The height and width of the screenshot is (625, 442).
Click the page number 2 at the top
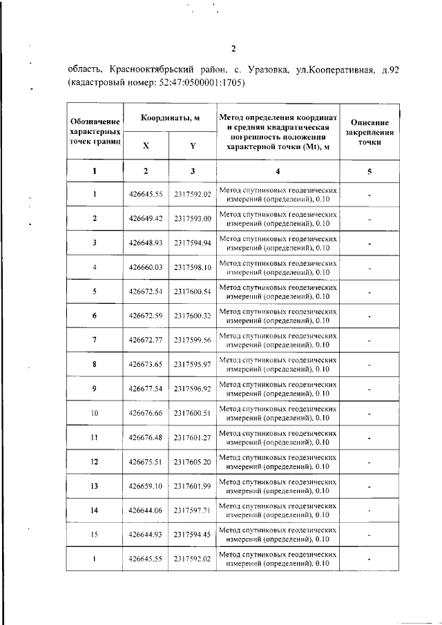pos(233,48)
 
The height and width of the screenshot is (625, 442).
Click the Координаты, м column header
pos(170,118)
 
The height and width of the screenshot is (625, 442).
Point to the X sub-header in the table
pos(145,146)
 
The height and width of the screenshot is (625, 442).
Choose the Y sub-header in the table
pos(193,146)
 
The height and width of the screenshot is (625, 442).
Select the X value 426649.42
pos(145,218)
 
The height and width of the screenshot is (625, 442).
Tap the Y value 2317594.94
pos(193,242)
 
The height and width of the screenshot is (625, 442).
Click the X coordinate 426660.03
pos(145,267)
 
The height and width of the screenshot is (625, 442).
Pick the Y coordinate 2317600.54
pos(193,291)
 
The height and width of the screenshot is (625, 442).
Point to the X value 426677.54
pos(145,389)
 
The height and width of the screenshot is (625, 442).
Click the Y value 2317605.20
pos(193,461)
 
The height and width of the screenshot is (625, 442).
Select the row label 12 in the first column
pos(95,461)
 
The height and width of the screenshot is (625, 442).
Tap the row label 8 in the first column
pos(95,364)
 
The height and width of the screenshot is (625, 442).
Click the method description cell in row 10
pos(278,413)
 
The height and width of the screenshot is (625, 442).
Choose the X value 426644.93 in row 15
pos(145,535)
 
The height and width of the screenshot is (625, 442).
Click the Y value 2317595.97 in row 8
pos(193,364)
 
